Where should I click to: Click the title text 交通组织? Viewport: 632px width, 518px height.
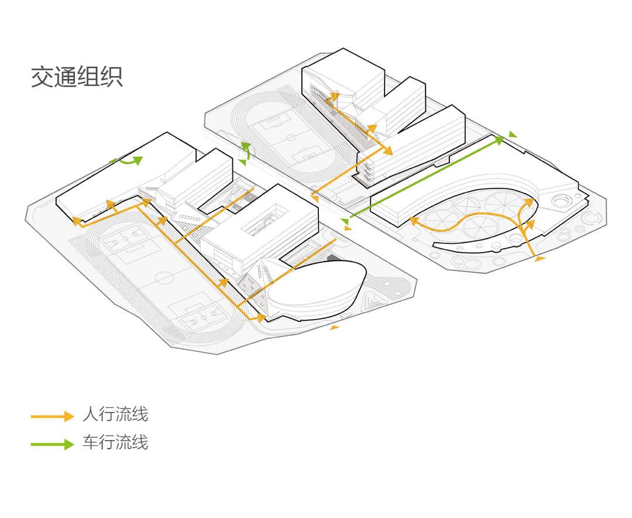pos(77,77)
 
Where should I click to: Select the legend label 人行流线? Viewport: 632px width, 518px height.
pos(115,414)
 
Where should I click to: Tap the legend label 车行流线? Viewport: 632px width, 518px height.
pos(115,442)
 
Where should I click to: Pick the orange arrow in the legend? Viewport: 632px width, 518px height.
pos(53,416)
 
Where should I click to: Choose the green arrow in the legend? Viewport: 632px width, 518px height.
pos(53,444)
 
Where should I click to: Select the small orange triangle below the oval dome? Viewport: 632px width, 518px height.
pos(335,327)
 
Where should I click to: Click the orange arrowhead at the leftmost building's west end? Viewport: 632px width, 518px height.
pos(76,221)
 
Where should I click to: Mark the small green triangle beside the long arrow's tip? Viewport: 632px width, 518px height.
pos(513,135)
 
